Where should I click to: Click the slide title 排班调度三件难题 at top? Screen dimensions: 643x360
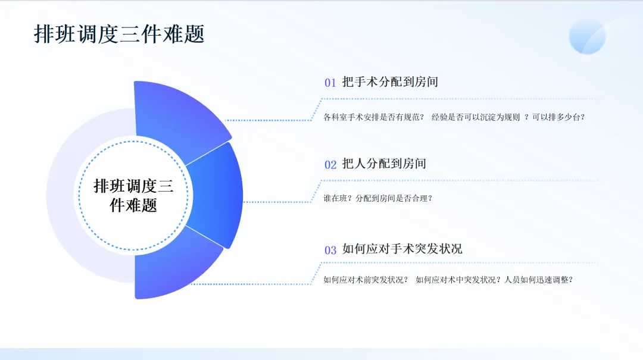119,34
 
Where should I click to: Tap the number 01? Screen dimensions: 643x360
330,83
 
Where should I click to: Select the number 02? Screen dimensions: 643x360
330,165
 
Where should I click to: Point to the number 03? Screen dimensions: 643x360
330,250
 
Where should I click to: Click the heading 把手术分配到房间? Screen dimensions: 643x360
390,82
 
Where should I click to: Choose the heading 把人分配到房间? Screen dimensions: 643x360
384,164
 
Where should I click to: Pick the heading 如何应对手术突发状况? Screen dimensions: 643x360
402,249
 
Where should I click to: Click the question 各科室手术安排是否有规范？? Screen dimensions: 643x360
373,117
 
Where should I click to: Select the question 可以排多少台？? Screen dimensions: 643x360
558,117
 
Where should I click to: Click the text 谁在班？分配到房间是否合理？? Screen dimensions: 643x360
377,199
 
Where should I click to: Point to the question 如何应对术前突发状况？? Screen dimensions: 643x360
366,280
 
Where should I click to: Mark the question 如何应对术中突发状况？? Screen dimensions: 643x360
458,280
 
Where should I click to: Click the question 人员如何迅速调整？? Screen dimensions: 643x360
538,280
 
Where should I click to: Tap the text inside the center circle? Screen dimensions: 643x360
133,196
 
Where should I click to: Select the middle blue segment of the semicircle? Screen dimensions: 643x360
217,195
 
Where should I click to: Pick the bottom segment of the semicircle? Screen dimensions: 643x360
174,267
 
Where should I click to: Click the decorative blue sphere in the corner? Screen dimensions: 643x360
587,36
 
